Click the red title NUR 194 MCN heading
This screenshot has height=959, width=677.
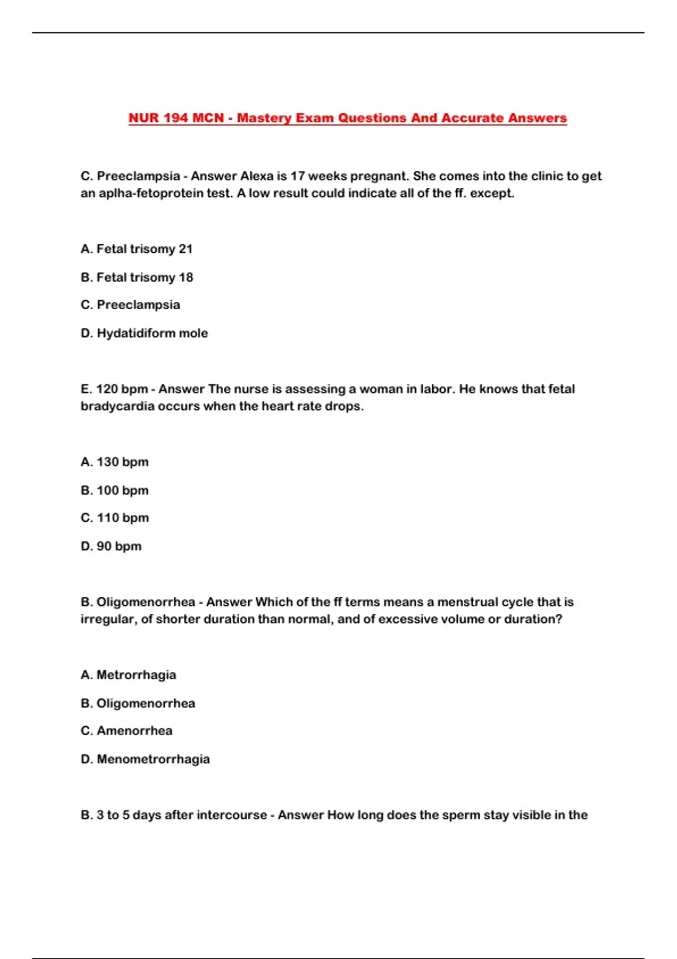347,118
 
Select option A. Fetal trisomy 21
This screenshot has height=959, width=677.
137,249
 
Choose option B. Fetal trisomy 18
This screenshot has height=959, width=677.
137,277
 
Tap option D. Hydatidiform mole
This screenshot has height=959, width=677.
144,333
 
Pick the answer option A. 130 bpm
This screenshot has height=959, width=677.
115,461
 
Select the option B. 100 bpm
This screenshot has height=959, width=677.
115,490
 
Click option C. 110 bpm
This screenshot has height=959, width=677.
115,517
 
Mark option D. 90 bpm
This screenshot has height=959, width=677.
111,546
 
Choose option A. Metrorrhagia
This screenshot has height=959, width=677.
128,675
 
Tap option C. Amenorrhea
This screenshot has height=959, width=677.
126,731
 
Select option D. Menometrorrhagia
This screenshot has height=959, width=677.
145,759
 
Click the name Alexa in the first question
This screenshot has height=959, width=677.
257,176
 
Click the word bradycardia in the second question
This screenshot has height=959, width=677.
117,406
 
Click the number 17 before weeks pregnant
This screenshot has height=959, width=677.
297,176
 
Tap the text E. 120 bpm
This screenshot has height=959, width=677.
114,389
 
